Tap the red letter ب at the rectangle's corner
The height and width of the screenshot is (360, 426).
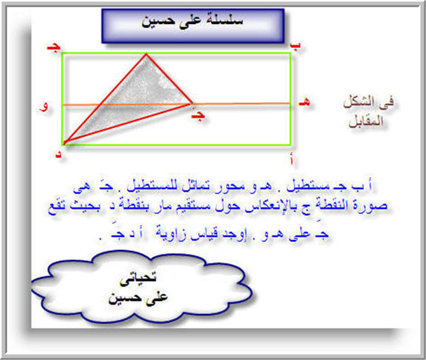pos(295,46)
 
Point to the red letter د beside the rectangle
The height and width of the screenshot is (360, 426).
pos(59,154)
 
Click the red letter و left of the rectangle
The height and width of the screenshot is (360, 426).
pos(44,106)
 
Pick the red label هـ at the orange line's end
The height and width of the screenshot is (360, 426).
pos(304,102)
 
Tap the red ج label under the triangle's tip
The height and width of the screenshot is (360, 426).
pos(198,115)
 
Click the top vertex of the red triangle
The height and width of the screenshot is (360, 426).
pos(146,55)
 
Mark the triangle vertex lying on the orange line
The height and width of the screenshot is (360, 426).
pos(192,103)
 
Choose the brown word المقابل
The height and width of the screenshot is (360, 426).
pos(366,121)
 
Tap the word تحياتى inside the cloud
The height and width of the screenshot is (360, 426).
pos(138,279)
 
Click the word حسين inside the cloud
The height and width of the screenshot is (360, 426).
pos(123,298)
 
